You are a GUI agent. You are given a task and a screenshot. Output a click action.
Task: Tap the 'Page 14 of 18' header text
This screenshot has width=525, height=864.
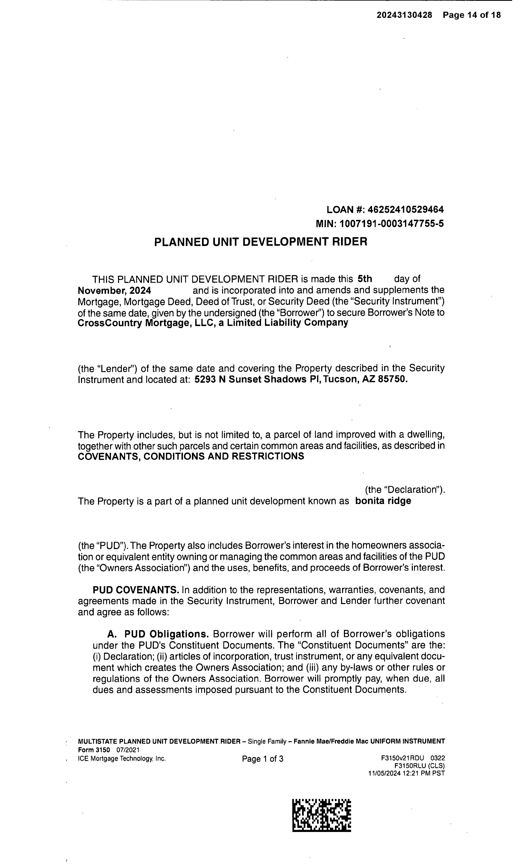point(471,15)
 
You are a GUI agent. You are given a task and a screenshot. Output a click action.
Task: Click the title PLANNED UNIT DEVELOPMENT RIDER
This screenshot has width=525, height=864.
point(261,242)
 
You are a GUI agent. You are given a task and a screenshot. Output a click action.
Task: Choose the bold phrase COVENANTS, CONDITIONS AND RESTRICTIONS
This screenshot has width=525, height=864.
point(191,456)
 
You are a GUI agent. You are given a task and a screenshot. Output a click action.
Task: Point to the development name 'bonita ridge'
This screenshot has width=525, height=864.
point(383,501)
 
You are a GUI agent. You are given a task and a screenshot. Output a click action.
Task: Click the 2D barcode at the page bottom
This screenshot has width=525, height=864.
point(322,815)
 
